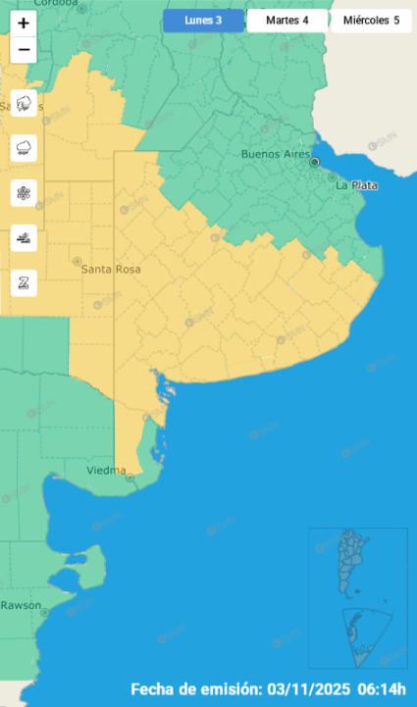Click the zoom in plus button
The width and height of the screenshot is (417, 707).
pos(24,22)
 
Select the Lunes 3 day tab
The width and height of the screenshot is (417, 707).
pos(203,21)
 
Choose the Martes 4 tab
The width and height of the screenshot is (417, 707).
pos(287,21)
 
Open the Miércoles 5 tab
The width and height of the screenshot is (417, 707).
pos(371,21)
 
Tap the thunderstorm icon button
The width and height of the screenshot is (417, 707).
pos(24,104)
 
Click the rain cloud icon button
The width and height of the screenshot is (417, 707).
pos(24,148)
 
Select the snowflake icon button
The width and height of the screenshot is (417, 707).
pos(24,193)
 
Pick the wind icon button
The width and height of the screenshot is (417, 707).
pos(24,238)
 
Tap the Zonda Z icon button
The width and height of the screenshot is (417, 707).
pos(24,282)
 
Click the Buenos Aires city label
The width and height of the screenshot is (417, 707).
pos(275,154)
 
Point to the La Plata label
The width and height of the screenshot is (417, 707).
pos(356,184)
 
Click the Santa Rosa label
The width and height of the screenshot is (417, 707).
pos(111,269)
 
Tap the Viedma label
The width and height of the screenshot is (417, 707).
pos(106,471)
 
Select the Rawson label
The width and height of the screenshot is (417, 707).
pos(21,605)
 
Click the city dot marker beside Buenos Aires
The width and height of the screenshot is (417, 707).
pos(315,162)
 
